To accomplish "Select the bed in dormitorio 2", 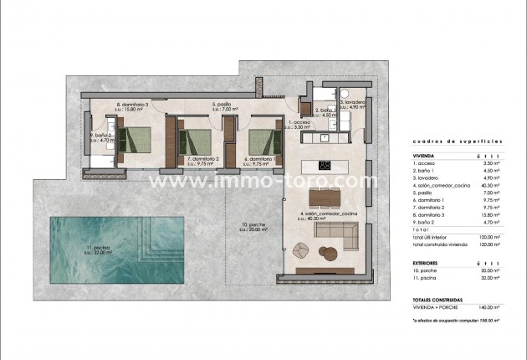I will click(x=197, y=137).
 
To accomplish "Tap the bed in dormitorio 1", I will click(x=263, y=137).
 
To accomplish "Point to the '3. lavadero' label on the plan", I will click(x=352, y=102).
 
